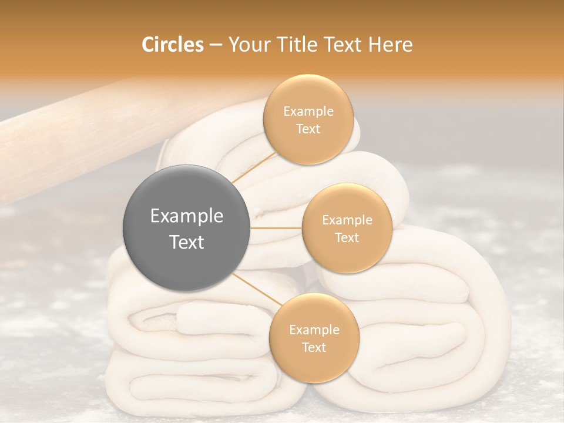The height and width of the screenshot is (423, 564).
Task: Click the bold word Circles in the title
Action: [x=172, y=45]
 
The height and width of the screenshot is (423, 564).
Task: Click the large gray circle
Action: [x=187, y=228]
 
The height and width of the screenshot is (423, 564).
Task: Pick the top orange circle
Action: [x=308, y=119]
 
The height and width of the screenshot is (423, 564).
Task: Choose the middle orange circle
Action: [x=347, y=228]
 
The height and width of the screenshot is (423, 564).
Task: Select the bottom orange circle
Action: [x=314, y=338]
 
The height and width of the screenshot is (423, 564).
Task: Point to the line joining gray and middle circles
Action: [x=276, y=228]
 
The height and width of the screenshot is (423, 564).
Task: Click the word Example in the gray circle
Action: [x=187, y=216]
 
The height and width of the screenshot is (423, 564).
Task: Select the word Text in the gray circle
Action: [x=187, y=241]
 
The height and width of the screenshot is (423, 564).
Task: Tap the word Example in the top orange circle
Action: [x=308, y=112]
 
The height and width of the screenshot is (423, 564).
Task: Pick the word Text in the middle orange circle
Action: [x=347, y=237]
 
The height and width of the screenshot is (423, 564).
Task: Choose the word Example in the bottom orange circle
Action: [x=314, y=330]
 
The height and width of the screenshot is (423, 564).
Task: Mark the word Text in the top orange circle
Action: [x=308, y=129]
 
